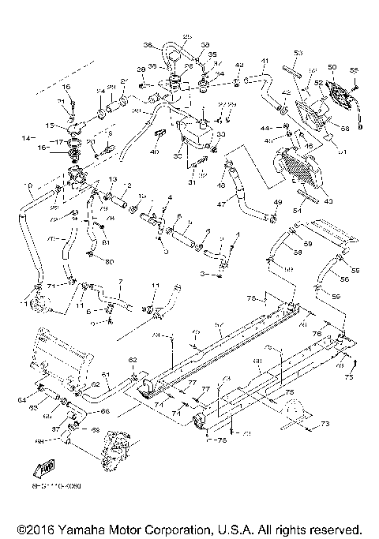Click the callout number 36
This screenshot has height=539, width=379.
pos(147,45)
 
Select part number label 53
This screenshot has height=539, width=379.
pos(298,53)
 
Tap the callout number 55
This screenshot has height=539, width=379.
pos(354,70)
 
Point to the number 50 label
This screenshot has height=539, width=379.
pos(332,67)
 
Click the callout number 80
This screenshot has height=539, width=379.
pos(110,261)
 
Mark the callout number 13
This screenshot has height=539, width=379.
pos(112,180)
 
